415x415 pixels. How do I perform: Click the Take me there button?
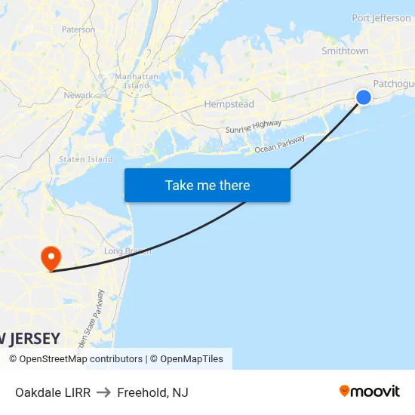coord(207,185)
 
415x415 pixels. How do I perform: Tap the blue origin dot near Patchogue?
coord(363,97)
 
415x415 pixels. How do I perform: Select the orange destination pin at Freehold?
coord(51,257)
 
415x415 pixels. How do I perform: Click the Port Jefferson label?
coord(381,18)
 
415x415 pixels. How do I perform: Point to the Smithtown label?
coord(345,51)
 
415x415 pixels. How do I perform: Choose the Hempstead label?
coord(229,104)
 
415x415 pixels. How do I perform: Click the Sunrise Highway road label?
coord(253,128)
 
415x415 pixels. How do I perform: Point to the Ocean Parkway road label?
coord(279,144)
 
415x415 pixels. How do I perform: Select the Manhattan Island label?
coord(137,81)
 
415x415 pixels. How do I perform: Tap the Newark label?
coord(78,95)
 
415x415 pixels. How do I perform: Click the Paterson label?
coord(78,29)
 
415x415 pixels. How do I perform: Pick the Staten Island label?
coord(85,159)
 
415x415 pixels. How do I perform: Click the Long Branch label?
coord(127,251)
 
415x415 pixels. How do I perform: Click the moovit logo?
coord(370,391)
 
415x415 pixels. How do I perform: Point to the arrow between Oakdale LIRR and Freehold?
coord(103,392)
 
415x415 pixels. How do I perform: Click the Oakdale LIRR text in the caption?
coord(53,392)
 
